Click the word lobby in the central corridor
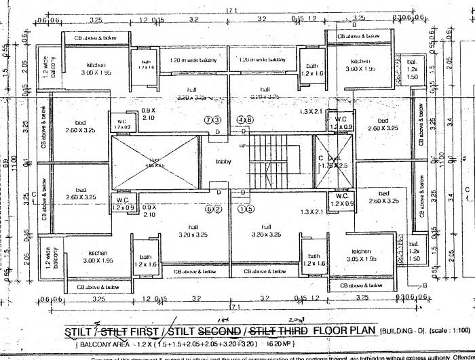pos(223,161)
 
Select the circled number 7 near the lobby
pos(208,120)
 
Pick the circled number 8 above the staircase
pos(249,120)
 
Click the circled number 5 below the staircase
pos(250,209)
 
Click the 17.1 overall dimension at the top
pos(233,7)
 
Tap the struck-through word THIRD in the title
pos(290,332)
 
